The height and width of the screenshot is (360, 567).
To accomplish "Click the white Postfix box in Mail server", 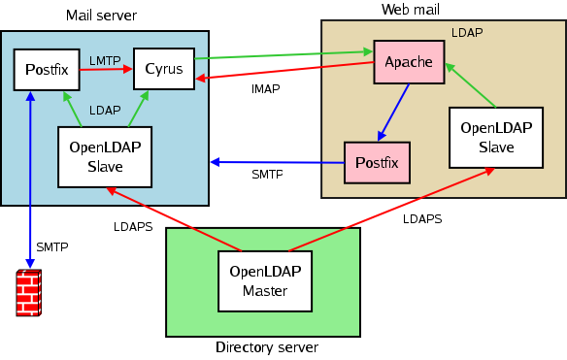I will pyautogui.click(x=40, y=70).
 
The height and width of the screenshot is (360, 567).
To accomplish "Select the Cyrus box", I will pyautogui.click(x=163, y=68).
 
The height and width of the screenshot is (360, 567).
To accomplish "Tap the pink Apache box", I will pyautogui.click(x=408, y=62).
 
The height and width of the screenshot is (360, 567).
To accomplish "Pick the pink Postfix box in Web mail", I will pyautogui.click(x=377, y=161).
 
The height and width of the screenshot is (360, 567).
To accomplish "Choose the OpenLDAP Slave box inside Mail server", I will pyautogui.click(x=104, y=157).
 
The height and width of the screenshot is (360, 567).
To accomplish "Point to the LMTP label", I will pyautogui.click(x=105, y=60).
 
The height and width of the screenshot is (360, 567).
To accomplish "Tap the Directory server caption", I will pyautogui.click(x=266, y=347).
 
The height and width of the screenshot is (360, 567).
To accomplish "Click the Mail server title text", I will pyautogui.click(x=101, y=16).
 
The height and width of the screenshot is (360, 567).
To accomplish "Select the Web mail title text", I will pyautogui.click(x=411, y=9).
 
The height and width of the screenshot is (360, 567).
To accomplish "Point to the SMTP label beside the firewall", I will pyautogui.click(x=52, y=246).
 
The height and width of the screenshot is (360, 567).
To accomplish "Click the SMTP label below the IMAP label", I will pyautogui.click(x=267, y=175).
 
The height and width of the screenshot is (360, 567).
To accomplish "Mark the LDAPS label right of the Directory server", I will pyautogui.click(x=422, y=219).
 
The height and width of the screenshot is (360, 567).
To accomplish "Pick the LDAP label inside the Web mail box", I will pyautogui.click(x=467, y=32).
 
